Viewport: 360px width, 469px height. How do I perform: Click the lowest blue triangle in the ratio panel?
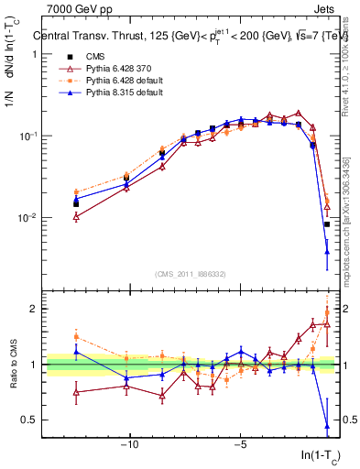[x=327, y=426]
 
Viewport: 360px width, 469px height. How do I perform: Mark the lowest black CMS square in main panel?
[x=326, y=224]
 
